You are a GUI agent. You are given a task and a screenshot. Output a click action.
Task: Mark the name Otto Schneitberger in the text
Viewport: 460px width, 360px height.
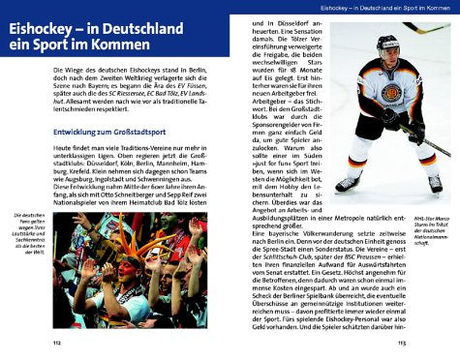tap(136, 195)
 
